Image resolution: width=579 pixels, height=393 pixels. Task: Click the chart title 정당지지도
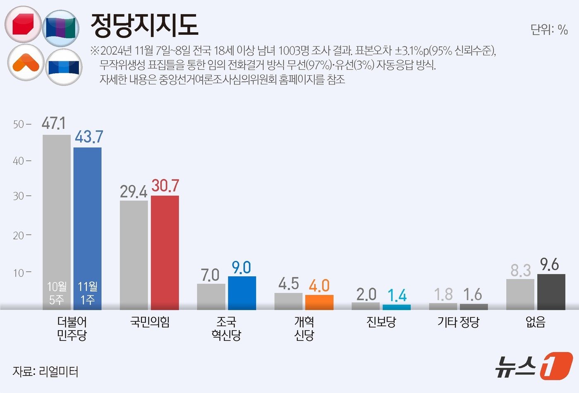(x=144, y=26)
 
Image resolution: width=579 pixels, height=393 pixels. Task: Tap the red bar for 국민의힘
(x=165, y=252)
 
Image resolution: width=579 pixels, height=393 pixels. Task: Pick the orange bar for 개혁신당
(x=319, y=302)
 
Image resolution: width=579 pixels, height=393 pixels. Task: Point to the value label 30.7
(x=165, y=186)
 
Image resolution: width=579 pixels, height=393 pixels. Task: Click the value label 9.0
(x=242, y=268)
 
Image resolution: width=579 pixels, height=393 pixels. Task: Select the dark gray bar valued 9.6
(x=551, y=292)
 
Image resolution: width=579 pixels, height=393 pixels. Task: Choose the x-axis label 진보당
(x=381, y=322)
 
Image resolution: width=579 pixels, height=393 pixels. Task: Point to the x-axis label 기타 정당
(x=458, y=322)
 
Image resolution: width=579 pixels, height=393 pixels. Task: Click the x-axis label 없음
(x=536, y=322)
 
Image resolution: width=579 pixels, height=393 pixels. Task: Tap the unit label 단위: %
(x=549, y=30)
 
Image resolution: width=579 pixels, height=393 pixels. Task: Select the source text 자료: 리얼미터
(x=45, y=371)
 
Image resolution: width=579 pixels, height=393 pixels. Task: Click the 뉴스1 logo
(x=534, y=366)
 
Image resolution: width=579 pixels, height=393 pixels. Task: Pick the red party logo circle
(x=23, y=24)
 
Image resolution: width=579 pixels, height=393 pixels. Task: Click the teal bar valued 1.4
(x=396, y=307)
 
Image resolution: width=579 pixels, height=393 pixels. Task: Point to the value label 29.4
(x=134, y=192)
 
